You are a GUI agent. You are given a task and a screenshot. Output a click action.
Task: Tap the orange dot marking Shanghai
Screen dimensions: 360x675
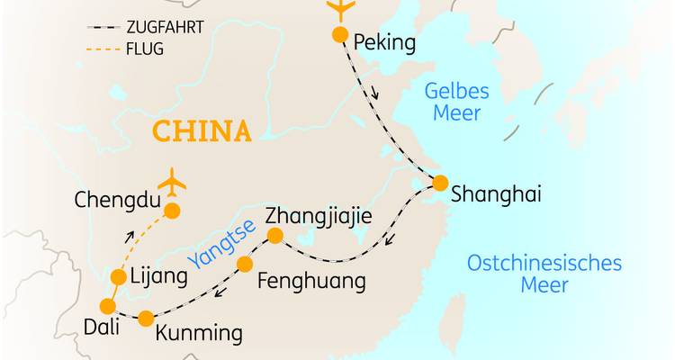click(439, 183)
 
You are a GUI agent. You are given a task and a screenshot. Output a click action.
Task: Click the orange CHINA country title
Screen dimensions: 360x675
click(201, 132)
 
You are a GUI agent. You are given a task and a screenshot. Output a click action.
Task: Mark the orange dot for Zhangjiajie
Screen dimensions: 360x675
click(277, 236)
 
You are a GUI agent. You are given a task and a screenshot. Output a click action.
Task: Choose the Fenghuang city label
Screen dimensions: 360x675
click(311, 282)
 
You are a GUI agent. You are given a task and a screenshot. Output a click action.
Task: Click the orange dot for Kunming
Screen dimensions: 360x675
click(147, 318)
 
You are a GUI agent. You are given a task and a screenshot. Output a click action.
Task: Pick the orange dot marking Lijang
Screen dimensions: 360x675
click(118, 277)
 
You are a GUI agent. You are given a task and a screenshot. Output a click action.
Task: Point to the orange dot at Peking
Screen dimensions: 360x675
click(339, 35)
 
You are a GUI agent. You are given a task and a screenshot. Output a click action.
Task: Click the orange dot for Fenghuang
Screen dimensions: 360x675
click(244, 264)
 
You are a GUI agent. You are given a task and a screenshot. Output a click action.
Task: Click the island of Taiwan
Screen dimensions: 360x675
click(457, 320)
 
